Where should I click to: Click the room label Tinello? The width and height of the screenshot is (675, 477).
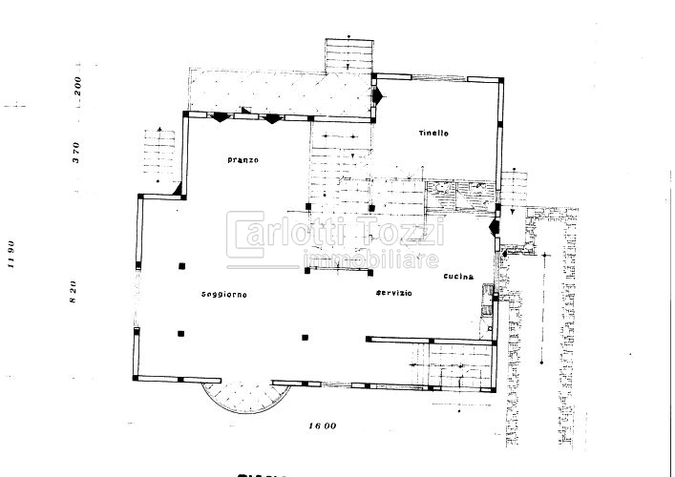pos(432,134)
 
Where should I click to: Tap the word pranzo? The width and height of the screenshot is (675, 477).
pos(243,159)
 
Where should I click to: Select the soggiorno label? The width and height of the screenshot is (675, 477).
pos(224,293)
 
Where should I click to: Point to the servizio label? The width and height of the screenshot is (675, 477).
pos(393,292)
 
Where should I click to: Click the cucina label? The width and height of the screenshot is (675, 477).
pos(459,277)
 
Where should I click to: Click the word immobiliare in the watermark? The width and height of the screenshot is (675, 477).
pos(370,259)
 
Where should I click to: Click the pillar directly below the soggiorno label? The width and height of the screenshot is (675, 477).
pos(181,333)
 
